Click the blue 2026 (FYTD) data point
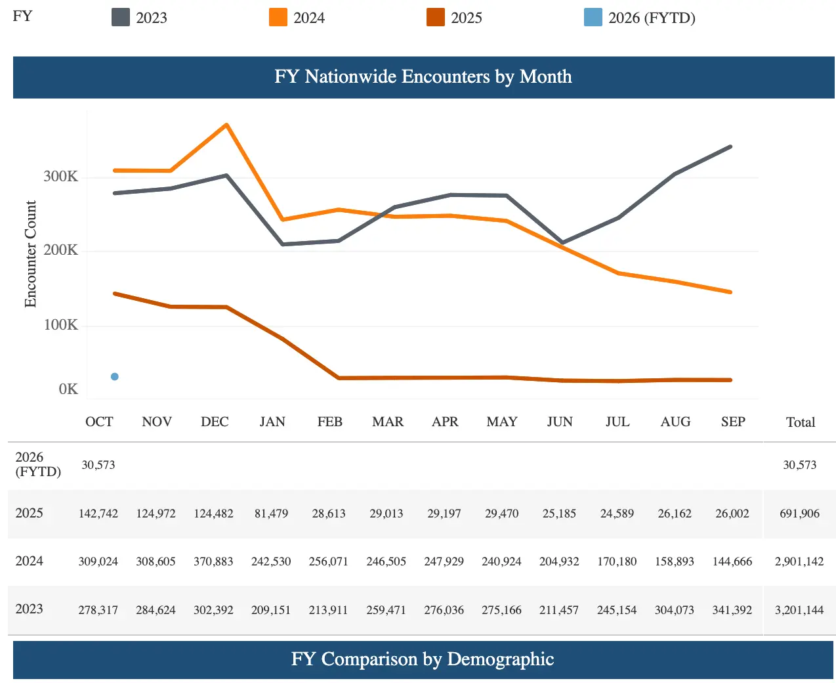[115, 376]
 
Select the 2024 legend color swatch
[278, 17]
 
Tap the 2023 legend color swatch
[121, 17]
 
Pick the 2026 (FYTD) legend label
[652, 18]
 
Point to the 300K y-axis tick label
[60, 176]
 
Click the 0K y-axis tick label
[68, 389]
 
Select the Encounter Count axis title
[30, 254]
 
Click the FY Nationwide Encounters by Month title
[423, 77]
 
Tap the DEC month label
[215, 422]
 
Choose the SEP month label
[733, 422]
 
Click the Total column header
[801, 422]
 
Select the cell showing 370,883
[213, 562]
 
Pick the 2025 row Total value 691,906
[799, 514]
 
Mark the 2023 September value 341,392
[732, 610]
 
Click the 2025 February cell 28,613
[329, 514]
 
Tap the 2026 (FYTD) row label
[38, 464]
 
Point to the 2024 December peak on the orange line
[226, 125]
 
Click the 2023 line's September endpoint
[730, 147]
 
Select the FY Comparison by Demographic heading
[423, 659]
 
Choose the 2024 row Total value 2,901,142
[799, 562]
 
